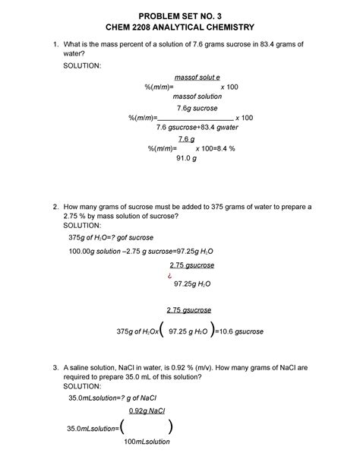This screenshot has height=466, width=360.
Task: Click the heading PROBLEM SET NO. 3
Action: [x=179, y=13]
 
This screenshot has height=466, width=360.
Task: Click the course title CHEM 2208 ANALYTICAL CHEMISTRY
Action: [x=179, y=27]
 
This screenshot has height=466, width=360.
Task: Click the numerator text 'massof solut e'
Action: [x=197, y=78]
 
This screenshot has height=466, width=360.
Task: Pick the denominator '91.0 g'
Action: [x=186, y=159]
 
